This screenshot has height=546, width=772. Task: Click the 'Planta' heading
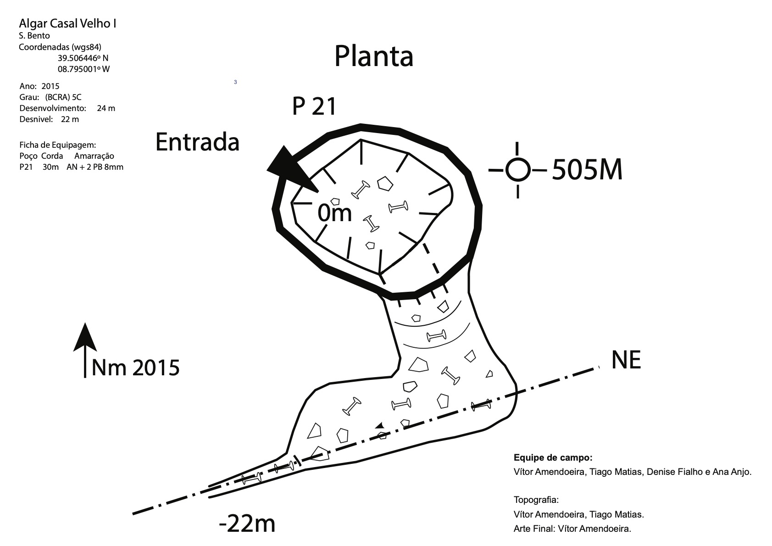[374, 56]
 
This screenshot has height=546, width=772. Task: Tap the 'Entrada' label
[197, 142]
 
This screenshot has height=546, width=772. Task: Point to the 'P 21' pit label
[315, 106]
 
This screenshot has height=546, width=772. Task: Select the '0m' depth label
[334, 213]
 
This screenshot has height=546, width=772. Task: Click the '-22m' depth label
[247, 523]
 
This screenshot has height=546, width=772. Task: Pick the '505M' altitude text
[587, 170]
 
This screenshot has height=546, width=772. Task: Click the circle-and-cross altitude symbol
[518, 170]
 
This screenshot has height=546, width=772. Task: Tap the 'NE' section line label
[626, 360]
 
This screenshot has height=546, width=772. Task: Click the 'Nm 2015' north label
[135, 368]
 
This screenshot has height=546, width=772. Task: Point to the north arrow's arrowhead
[85, 337]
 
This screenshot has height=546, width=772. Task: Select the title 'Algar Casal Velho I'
[67, 24]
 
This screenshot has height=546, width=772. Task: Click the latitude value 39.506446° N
[83, 58]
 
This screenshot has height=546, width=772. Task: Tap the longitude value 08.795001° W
[83, 69]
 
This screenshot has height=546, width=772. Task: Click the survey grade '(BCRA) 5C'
[63, 97]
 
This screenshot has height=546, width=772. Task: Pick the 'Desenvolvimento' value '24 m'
[106, 108]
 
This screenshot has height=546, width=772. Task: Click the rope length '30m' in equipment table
[50, 167]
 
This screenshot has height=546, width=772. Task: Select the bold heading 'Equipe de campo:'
[553, 457]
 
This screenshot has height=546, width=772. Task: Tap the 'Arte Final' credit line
[572, 529]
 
